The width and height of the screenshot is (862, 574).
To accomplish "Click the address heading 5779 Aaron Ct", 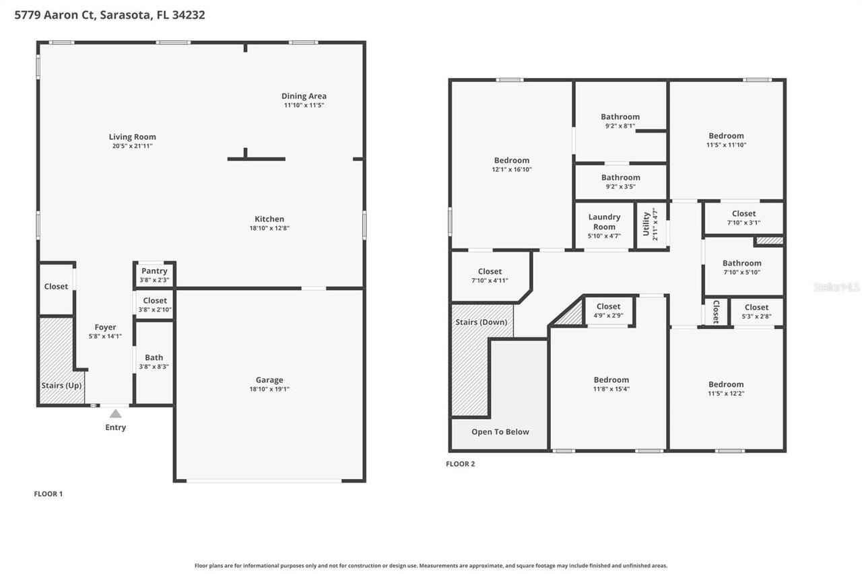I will [x=110, y=15].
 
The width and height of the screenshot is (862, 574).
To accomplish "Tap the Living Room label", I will [x=133, y=137].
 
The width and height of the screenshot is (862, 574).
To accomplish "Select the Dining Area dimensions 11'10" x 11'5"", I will [x=304, y=106].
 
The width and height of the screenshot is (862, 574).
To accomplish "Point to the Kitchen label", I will [x=269, y=219].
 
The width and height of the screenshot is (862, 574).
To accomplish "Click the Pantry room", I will [x=154, y=275].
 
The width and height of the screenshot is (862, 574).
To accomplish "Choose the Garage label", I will [x=269, y=380].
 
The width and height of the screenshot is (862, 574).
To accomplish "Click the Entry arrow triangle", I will [x=116, y=413].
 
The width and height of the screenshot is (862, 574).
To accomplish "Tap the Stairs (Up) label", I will [x=61, y=386].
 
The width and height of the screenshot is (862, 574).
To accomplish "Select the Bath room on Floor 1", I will [x=154, y=361].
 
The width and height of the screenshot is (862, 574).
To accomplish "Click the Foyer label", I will [x=105, y=327].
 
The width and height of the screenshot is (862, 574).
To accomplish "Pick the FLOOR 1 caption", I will [x=48, y=494].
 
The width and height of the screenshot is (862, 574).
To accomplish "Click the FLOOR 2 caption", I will [x=461, y=464].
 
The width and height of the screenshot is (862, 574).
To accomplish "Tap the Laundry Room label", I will [x=604, y=221].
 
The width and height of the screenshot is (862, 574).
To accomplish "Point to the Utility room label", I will [x=646, y=223].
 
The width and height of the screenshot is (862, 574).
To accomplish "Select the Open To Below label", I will [x=500, y=432].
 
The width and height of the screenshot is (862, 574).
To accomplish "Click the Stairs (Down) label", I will [x=482, y=322].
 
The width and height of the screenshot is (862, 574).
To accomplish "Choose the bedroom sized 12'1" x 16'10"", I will [x=512, y=164].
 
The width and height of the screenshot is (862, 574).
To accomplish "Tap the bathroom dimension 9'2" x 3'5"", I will [x=620, y=187].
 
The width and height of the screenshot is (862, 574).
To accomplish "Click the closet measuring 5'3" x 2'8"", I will [x=756, y=312].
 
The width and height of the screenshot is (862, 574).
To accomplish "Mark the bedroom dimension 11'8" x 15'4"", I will [x=611, y=389].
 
